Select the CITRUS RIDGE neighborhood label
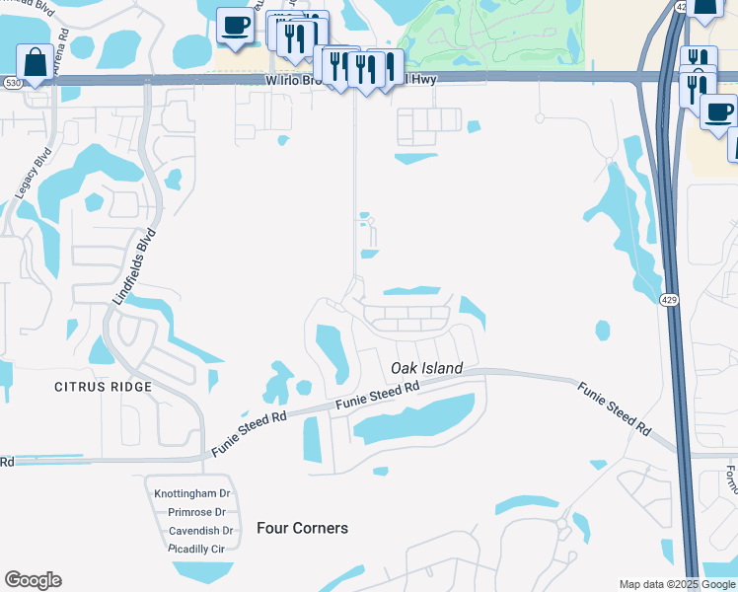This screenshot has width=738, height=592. click(104, 386)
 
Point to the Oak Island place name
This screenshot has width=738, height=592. click(426, 368)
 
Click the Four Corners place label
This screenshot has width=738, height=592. click(302, 528)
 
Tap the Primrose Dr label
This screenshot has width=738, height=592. click(197, 512)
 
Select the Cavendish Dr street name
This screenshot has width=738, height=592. click(199, 530)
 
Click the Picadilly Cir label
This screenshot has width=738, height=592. click(197, 548)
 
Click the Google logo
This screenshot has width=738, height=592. click(33, 580)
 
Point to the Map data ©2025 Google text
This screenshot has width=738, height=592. click(676, 584)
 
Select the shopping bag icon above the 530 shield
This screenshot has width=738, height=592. click(36, 62)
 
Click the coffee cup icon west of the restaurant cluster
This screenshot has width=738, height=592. click(235, 27)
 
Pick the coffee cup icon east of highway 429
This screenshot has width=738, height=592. click(718, 111)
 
